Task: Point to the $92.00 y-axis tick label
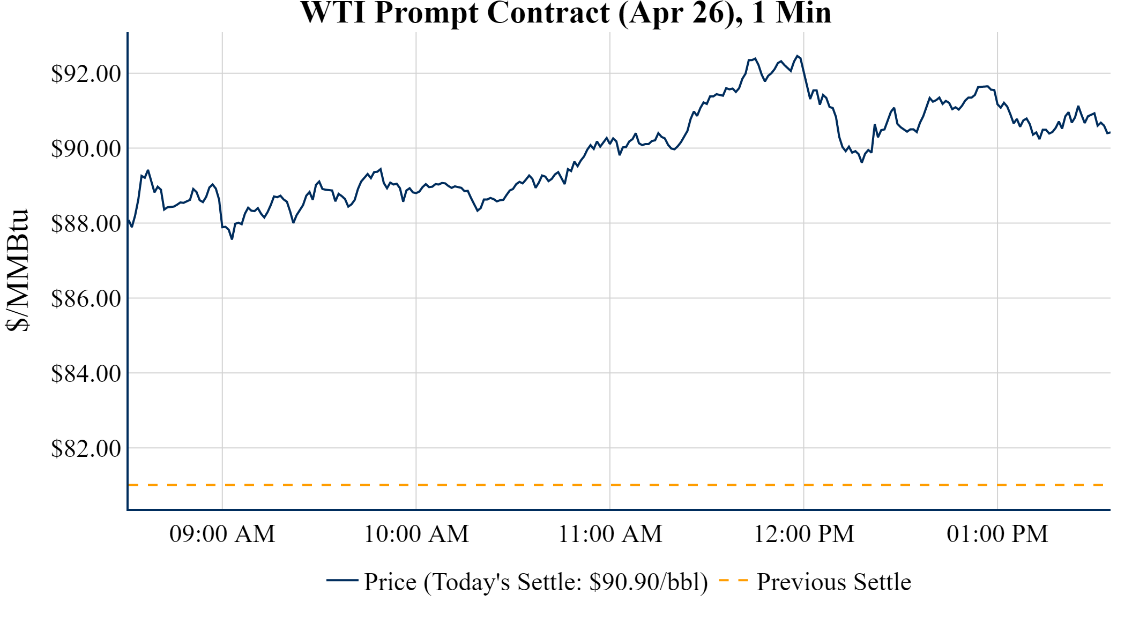pyautogui.click(x=86, y=74)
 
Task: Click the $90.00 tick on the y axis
pyautogui.click(x=86, y=149)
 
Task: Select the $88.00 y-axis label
pyautogui.click(x=86, y=224)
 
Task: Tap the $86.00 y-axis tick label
pyautogui.click(x=86, y=299)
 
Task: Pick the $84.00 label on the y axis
pyautogui.click(x=86, y=374)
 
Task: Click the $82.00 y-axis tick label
pyautogui.click(x=86, y=449)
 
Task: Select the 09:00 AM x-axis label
pyautogui.click(x=222, y=534)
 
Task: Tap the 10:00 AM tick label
pyautogui.click(x=416, y=534)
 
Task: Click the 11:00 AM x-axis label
pyautogui.click(x=610, y=534)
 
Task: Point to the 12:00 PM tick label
pyautogui.click(x=804, y=534)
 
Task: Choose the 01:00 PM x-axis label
pyautogui.click(x=997, y=534)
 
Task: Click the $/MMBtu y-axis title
pyautogui.click(x=17, y=270)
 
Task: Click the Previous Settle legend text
pyautogui.click(x=833, y=582)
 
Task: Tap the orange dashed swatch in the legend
pyautogui.click(x=733, y=580)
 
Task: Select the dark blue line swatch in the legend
pyautogui.click(x=342, y=580)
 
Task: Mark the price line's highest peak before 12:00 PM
pyautogui.click(x=798, y=56)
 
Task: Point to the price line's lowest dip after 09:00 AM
pyautogui.click(x=232, y=239)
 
